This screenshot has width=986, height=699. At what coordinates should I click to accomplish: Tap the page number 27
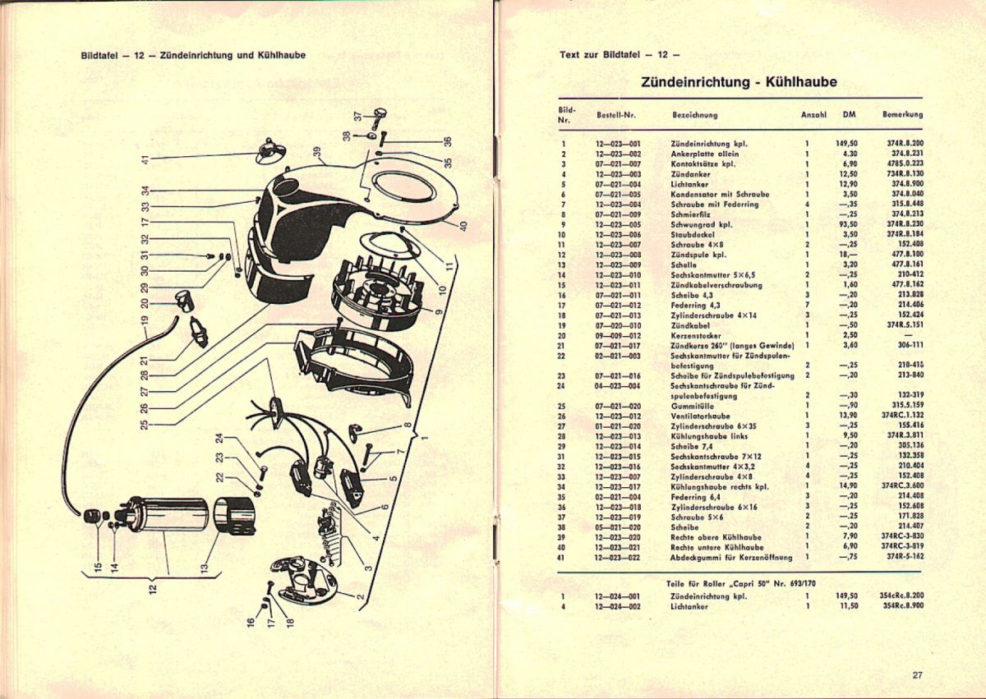[x=918, y=675]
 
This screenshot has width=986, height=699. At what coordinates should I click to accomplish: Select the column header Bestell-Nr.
[x=612, y=115]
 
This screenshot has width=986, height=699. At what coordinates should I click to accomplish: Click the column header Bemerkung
[x=902, y=115]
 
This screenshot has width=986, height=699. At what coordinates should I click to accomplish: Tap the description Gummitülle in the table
[x=690, y=406]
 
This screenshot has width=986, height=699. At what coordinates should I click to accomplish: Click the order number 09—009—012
[x=612, y=334]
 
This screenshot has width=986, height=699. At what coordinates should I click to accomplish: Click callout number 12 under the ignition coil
[x=152, y=589]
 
